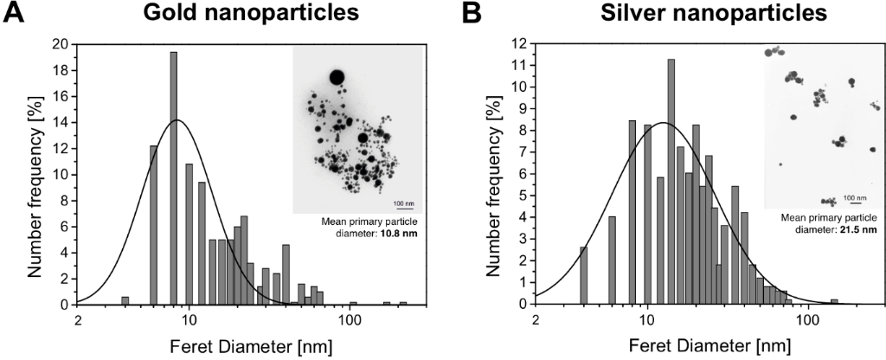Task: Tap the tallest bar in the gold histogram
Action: [173, 177]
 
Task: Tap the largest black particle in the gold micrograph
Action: [337, 78]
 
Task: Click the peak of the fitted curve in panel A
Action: [177, 119]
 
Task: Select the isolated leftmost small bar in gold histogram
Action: [125, 300]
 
